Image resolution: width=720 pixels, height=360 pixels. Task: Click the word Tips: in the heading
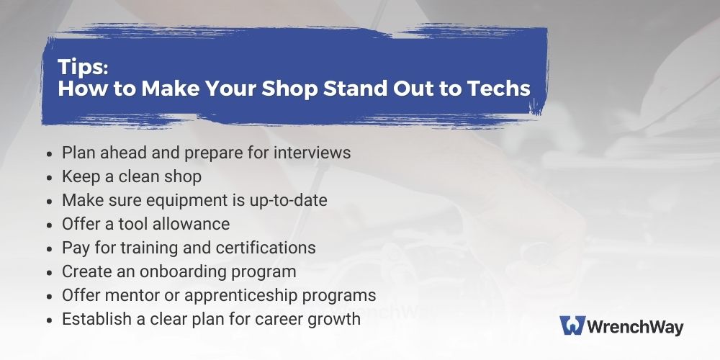coord(83,67)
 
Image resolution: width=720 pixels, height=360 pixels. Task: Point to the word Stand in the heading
coord(357,88)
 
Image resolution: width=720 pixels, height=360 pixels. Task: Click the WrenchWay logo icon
coord(572,325)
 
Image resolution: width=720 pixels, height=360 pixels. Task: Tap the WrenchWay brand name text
coord(636,327)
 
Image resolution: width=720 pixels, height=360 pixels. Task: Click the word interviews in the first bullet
coord(312,153)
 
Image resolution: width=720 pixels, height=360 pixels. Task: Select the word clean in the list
coord(140,176)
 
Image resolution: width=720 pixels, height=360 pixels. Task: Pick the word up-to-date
coord(289,201)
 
